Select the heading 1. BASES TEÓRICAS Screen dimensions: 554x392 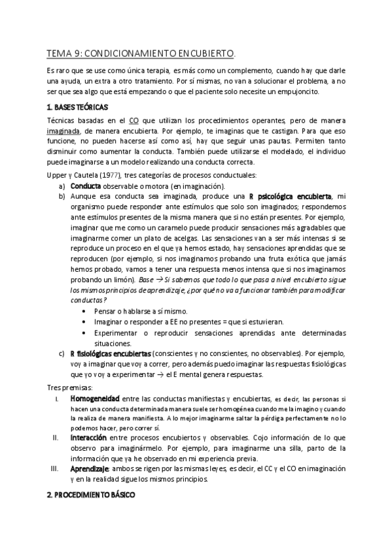[x=78, y=106]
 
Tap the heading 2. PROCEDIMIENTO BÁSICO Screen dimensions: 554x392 [x=91, y=495]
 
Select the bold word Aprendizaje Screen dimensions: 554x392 [x=90, y=468]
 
